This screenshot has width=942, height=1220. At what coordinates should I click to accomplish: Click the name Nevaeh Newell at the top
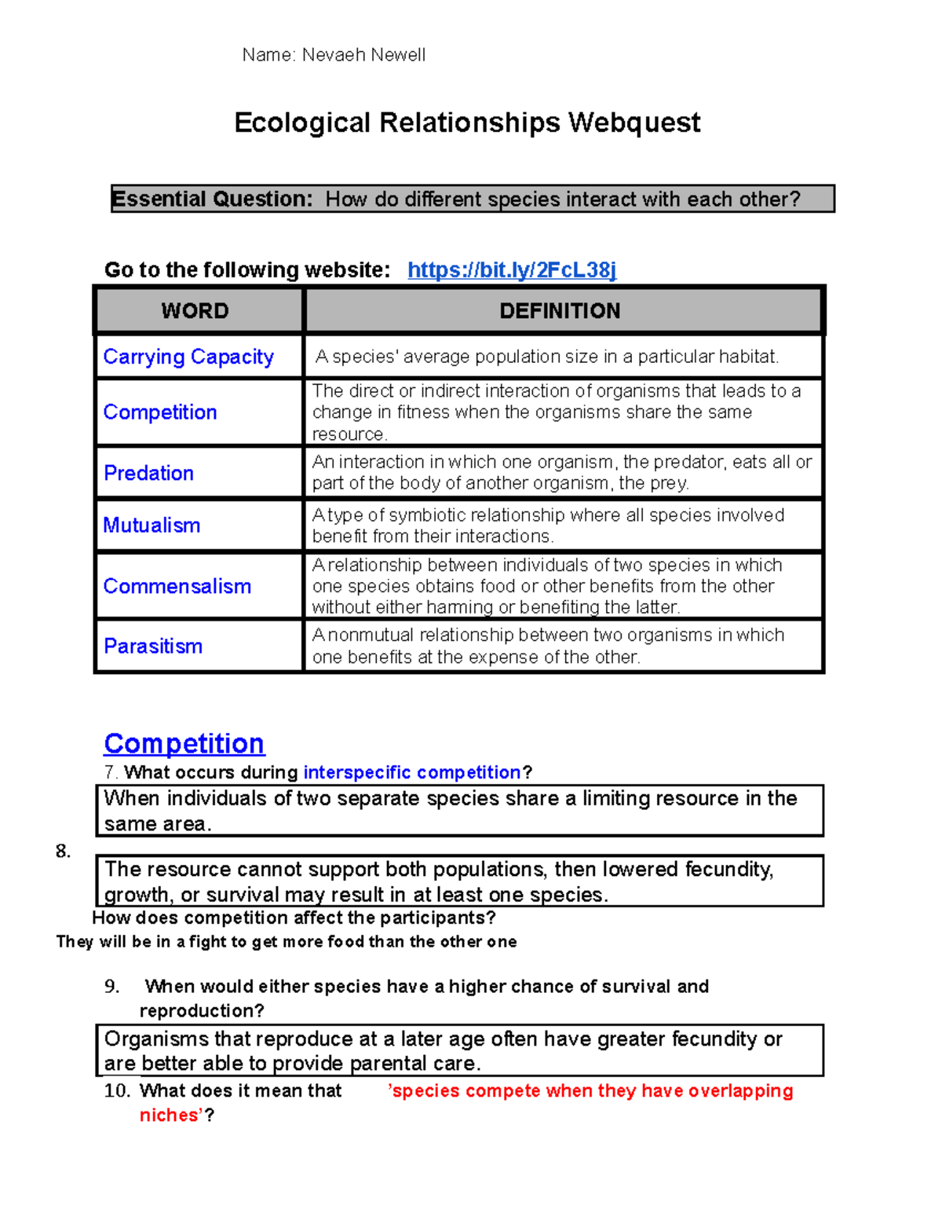pyautogui.click(x=363, y=55)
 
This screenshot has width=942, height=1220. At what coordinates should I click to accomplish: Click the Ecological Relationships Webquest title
pyautogui.click(x=467, y=123)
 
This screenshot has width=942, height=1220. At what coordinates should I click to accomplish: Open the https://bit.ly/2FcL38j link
pyautogui.click(x=512, y=270)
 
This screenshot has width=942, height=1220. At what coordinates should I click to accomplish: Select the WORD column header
pyautogui.click(x=195, y=311)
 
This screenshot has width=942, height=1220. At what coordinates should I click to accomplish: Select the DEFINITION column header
pyautogui.click(x=560, y=311)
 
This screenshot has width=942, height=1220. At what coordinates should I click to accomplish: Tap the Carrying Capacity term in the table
pyautogui.click(x=188, y=357)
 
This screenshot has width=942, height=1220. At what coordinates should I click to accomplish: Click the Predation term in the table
pyautogui.click(x=148, y=473)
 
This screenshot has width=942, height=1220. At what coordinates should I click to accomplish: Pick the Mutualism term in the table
pyautogui.click(x=152, y=525)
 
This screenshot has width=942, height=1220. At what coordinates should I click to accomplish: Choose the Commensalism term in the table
pyautogui.click(x=177, y=586)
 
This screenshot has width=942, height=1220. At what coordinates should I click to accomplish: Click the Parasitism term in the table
pyautogui.click(x=153, y=646)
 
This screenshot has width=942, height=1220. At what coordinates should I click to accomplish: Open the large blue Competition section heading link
pyautogui.click(x=184, y=743)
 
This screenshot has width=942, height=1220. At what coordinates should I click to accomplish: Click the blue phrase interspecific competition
pyautogui.click(x=412, y=772)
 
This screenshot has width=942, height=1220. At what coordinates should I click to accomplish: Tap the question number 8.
pyautogui.click(x=63, y=852)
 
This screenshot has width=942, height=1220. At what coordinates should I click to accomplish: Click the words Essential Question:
pyautogui.click(x=213, y=199)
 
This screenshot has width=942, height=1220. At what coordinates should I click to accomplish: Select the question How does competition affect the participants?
pyautogui.click(x=294, y=918)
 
